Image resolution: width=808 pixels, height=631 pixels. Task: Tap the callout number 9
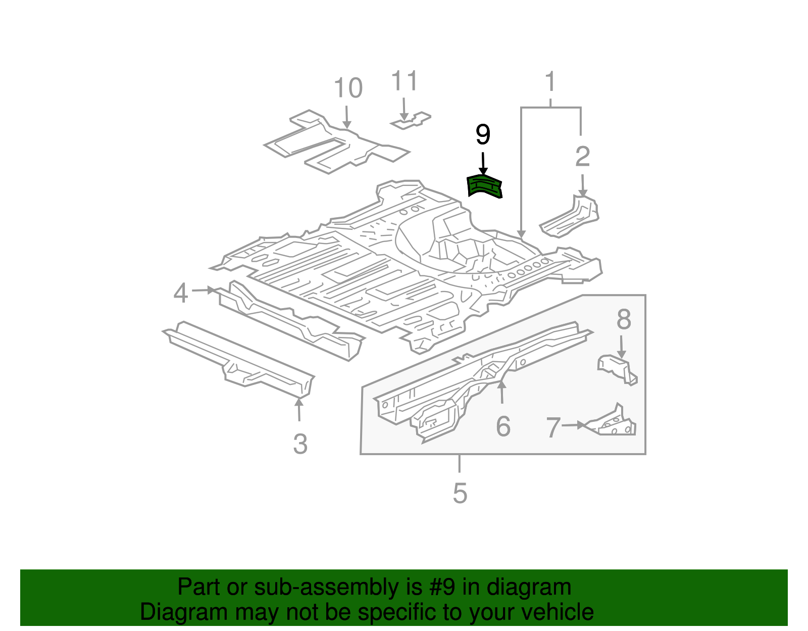(483, 135)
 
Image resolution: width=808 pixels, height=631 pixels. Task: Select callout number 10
(348, 88)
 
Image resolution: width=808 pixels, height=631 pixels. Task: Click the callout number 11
(405, 81)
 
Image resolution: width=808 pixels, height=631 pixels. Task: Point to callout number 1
(550, 82)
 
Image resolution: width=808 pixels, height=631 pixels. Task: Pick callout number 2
(582, 157)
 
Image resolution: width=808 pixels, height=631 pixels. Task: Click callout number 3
(300, 444)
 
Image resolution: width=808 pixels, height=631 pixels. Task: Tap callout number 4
(181, 293)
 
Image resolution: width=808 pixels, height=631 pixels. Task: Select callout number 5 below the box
(460, 493)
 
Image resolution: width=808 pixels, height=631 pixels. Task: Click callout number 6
(503, 426)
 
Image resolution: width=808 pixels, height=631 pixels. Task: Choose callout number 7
(553, 427)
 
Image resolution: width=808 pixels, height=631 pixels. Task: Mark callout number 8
(624, 319)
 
